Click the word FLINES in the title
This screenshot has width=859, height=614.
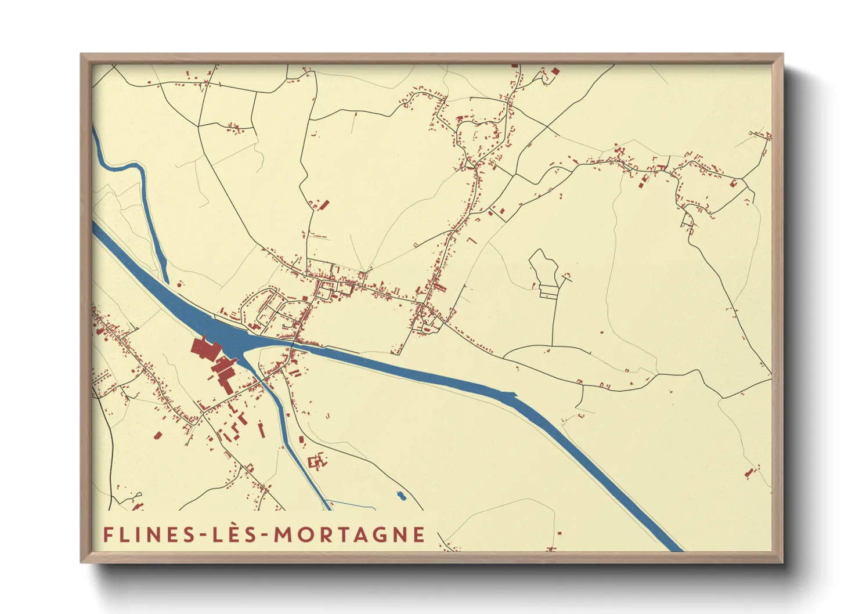[x=148, y=535]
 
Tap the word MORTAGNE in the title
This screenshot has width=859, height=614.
[x=349, y=535]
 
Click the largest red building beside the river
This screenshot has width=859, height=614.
[x=204, y=348]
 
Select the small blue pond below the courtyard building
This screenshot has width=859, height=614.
[x=400, y=496]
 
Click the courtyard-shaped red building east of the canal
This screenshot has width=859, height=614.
[x=317, y=461]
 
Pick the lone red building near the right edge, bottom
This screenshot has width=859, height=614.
[x=749, y=474]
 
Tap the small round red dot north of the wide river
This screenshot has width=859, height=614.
[x=180, y=284]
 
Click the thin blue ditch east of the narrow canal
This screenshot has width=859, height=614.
[x=351, y=504]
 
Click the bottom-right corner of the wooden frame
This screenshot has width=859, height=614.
[x=782, y=562]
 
